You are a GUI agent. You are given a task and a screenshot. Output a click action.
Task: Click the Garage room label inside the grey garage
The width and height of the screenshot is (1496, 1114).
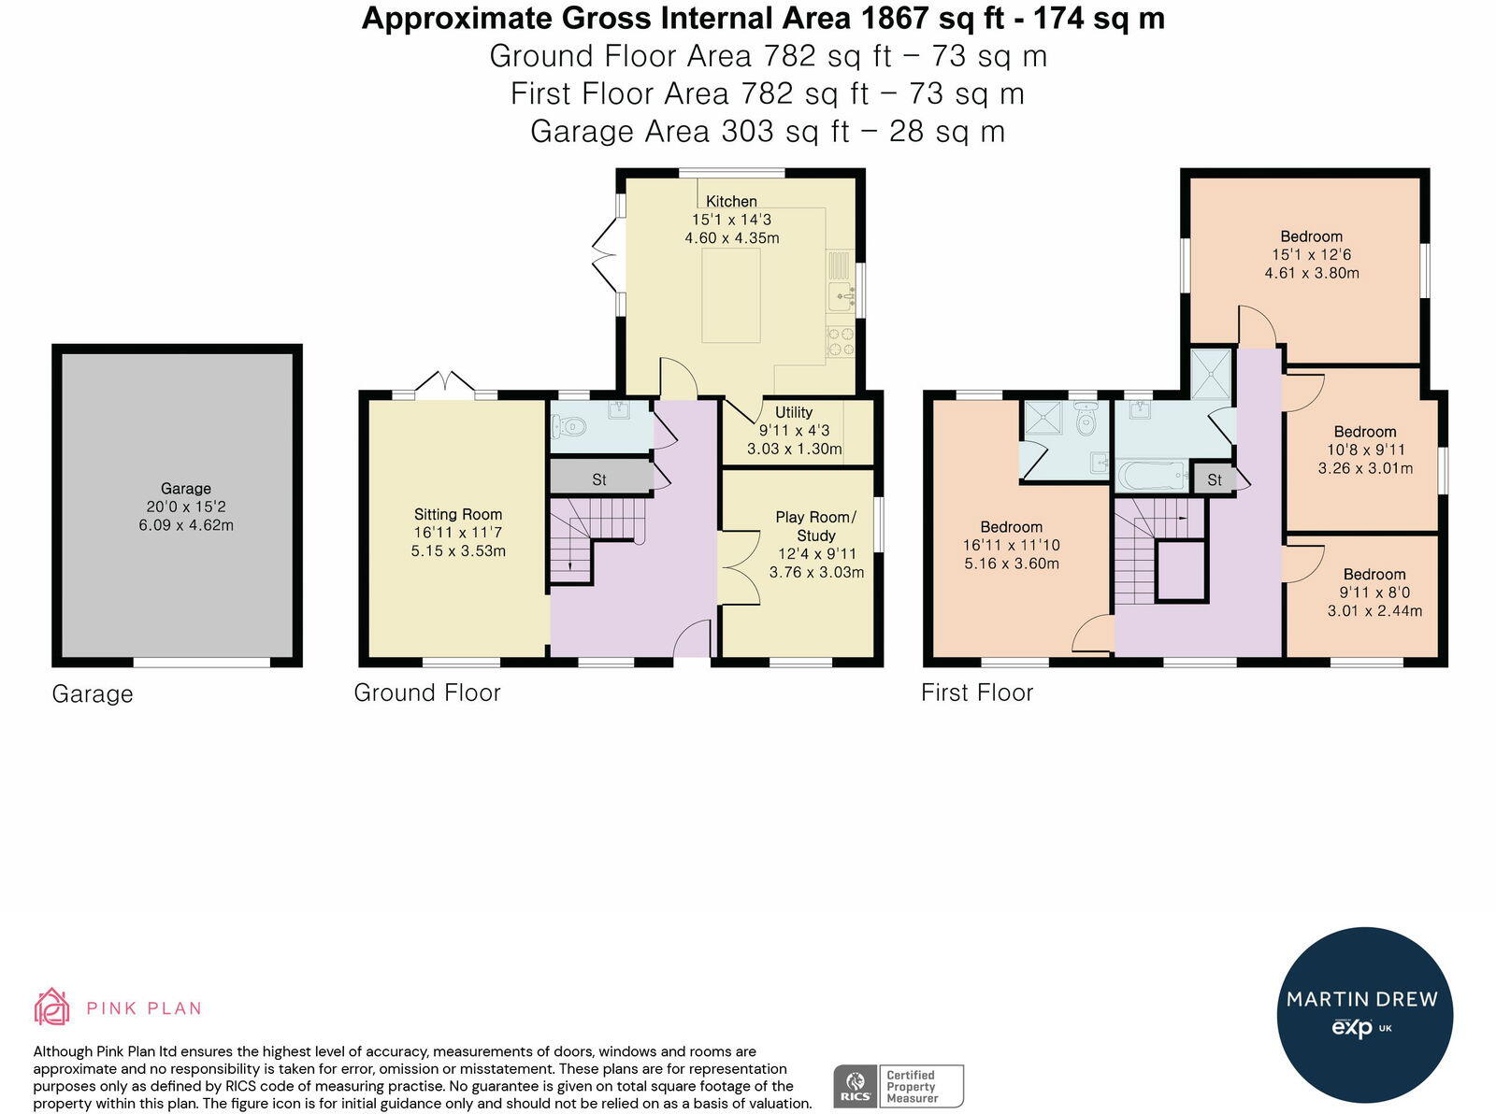185,488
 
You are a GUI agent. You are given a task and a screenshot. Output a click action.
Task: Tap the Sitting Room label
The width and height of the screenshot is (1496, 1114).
458,514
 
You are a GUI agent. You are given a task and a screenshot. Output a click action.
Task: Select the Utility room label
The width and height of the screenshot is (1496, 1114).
794,412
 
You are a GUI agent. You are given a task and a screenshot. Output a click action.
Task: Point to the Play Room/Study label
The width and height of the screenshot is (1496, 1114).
816,526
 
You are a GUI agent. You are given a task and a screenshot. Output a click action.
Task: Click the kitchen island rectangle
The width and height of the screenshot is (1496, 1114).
731,295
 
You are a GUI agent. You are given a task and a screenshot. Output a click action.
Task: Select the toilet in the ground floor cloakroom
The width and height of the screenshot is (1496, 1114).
568,426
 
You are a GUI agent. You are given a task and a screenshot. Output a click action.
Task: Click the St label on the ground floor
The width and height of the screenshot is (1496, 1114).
599,479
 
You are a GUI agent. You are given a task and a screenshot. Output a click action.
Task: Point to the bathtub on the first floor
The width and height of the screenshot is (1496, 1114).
1153,476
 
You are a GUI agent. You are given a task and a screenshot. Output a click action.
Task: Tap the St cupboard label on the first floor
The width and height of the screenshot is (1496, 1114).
1215,479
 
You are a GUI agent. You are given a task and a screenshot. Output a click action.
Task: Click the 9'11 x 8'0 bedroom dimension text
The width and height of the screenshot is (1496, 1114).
1374,593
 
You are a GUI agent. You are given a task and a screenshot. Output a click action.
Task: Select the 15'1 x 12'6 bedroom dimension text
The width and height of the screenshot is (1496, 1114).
1311,254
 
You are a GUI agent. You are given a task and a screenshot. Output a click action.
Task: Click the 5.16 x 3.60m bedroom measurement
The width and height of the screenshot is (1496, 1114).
1011,563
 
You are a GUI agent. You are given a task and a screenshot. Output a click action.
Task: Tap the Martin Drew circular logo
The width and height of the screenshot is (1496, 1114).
1365,1016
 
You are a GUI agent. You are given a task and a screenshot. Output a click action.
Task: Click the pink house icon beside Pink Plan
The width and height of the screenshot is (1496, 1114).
52,1007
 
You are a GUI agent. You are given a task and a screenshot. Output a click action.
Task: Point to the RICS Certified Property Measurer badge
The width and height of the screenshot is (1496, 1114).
899,1086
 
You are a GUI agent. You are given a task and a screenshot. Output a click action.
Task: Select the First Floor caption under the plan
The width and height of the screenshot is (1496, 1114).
977,693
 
